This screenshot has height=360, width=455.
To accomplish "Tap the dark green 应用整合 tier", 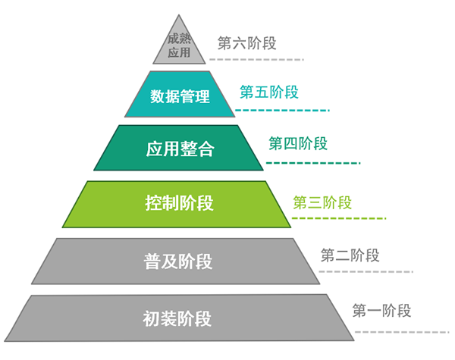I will tap(180, 148).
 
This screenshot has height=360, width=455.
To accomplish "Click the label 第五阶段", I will tap(269, 92).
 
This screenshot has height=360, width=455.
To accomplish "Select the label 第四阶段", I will tap(298, 143).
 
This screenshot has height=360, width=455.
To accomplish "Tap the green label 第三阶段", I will tap(322, 202).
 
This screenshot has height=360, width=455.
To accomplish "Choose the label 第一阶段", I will tap(381, 310).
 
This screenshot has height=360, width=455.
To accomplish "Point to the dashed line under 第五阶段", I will tap(282, 111).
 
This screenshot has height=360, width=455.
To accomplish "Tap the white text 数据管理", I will tap(180, 97).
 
